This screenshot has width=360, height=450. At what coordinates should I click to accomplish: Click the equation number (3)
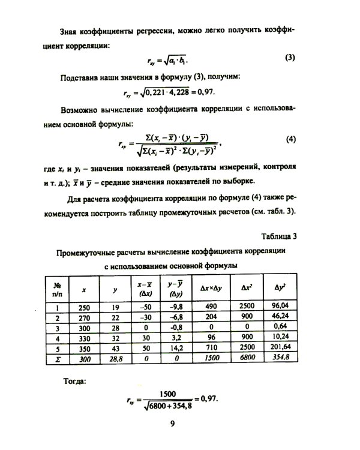click(x=289, y=58)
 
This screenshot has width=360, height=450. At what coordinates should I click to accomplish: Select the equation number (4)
click(x=292, y=139)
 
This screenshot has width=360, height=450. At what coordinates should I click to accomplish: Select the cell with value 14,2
click(x=175, y=347)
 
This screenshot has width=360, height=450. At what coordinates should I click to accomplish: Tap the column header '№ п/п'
click(x=58, y=289)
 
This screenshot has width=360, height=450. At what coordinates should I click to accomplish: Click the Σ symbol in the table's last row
click(x=58, y=358)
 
